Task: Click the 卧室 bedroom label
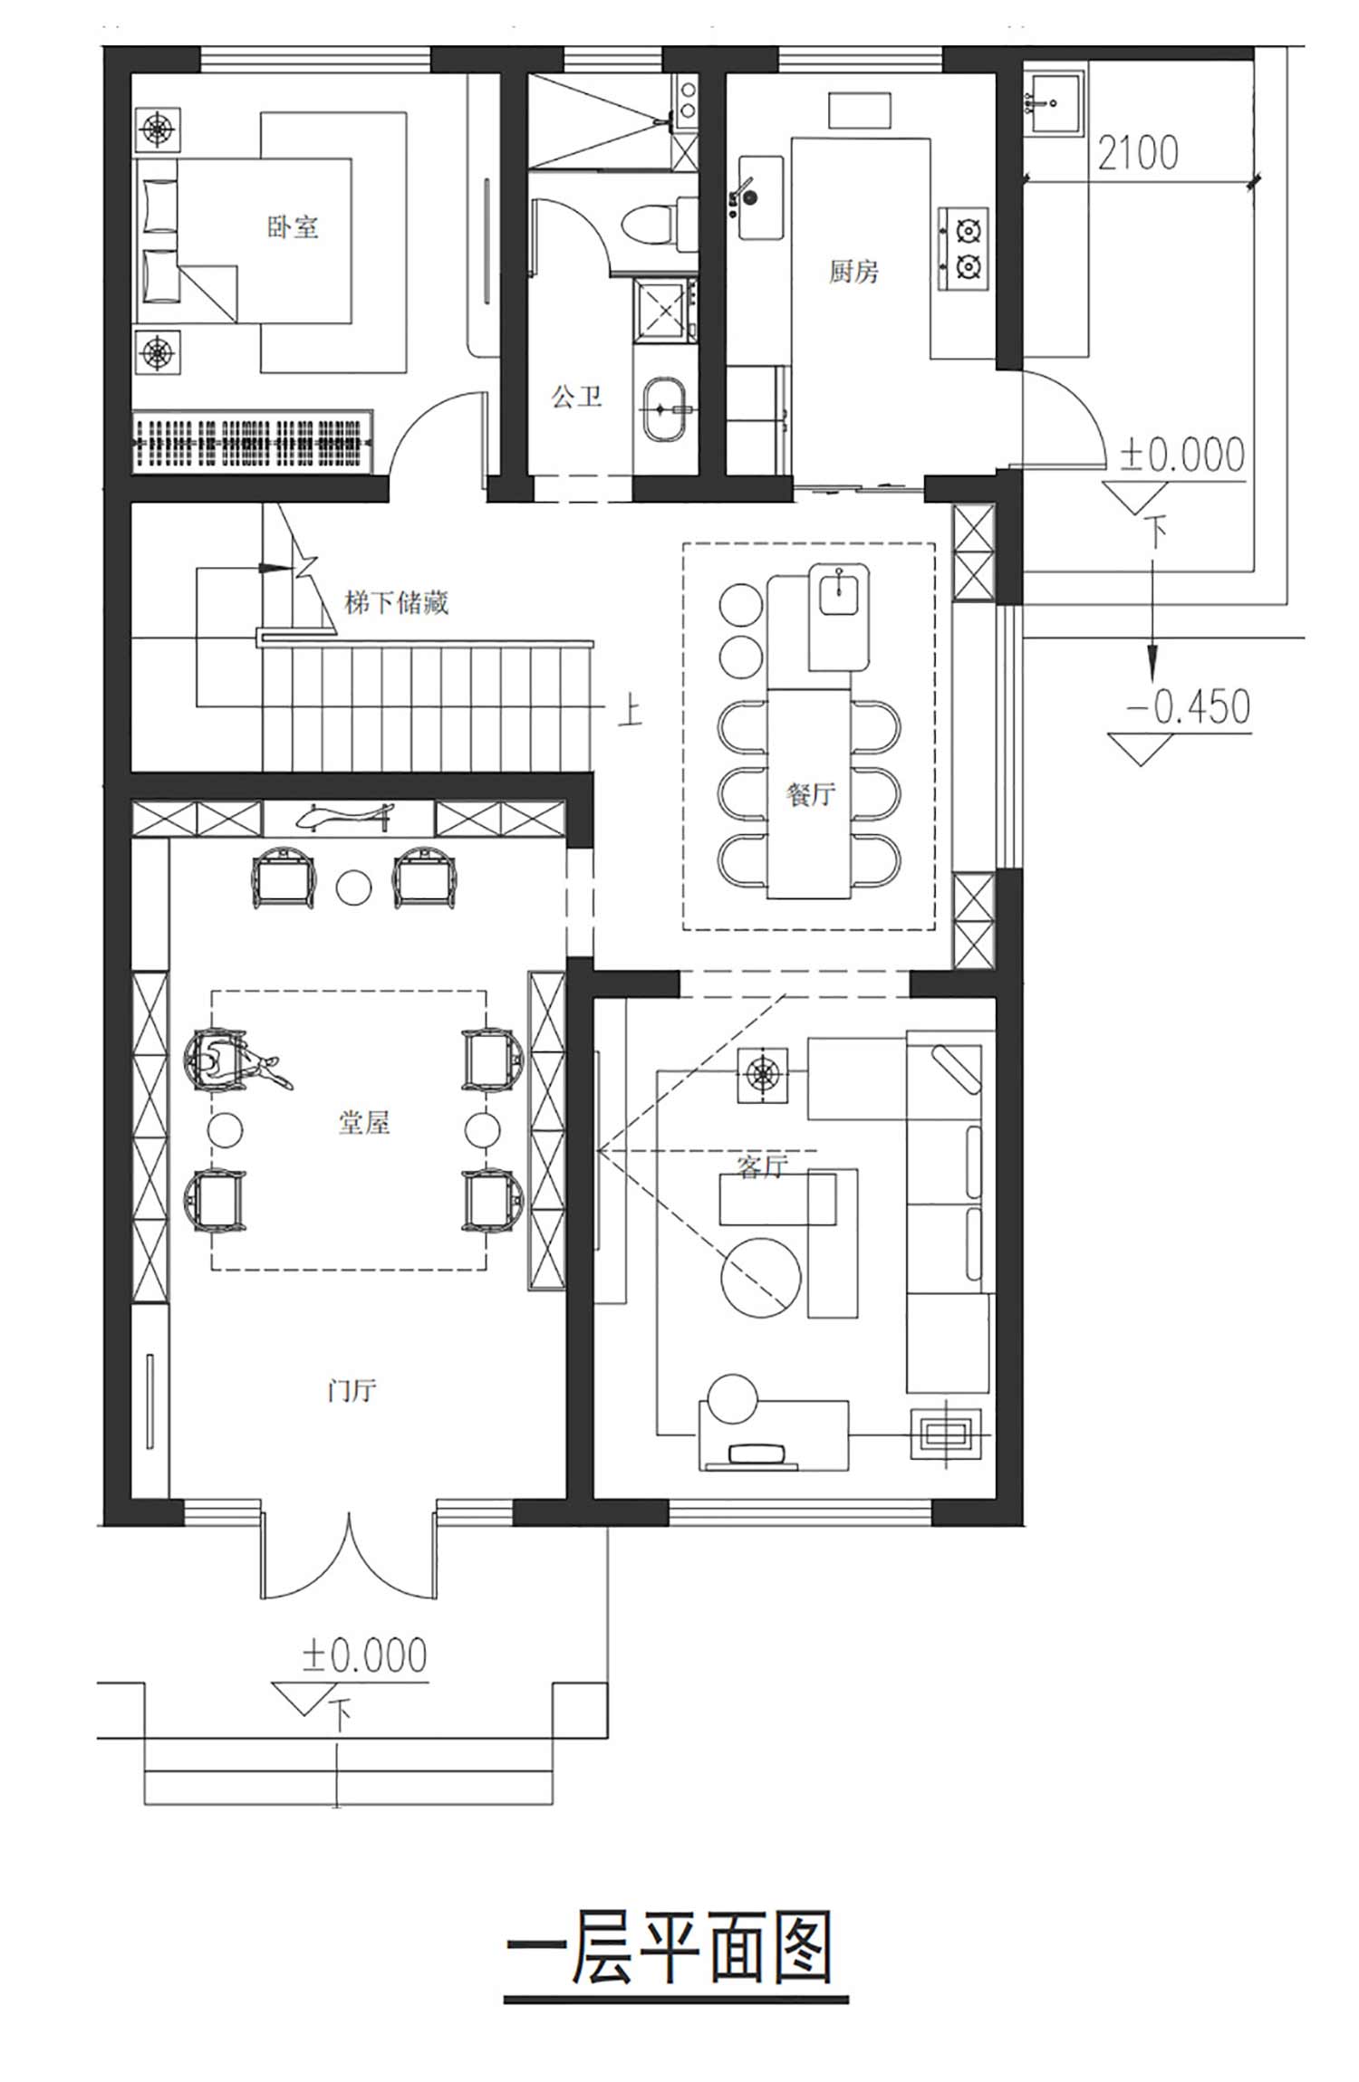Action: [293, 225]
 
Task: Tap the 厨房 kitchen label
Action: [853, 271]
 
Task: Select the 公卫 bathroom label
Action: [577, 396]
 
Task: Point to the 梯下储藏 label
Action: [396, 602]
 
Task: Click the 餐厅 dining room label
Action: [811, 794]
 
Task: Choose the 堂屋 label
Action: [364, 1123]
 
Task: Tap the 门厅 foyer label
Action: [352, 1389]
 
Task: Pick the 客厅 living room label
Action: [762, 1166]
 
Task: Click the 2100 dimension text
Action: [1138, 153]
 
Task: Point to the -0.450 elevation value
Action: [1189, 706]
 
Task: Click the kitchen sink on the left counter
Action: [760, 197]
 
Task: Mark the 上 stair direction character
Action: [630, 710]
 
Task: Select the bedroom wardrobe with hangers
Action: [253, 441]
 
